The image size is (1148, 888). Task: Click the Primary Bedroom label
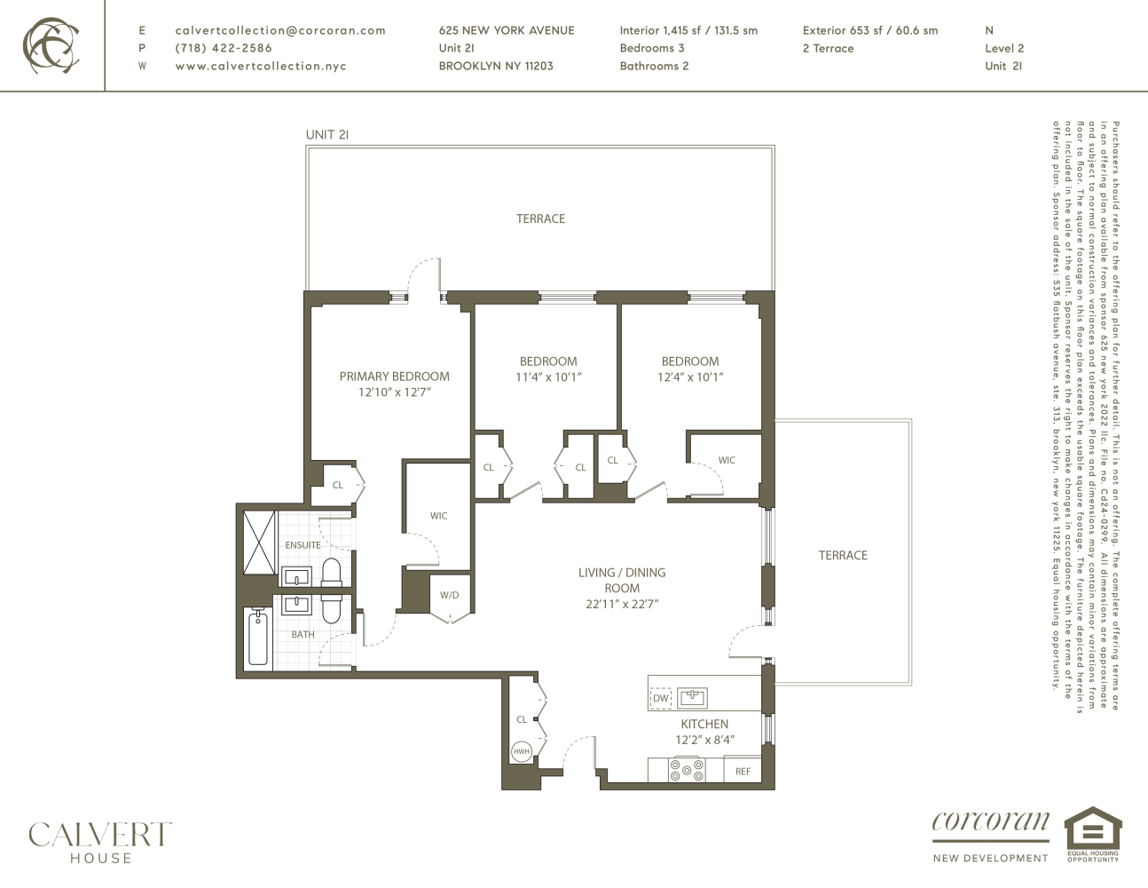[x=394, y=377]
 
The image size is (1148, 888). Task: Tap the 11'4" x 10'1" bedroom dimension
[x=548, y=377]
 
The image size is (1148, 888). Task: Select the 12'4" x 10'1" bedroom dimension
[x=690, y=377]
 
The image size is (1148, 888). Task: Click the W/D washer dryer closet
[x=450, y=596]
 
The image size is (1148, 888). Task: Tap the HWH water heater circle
[x=522, y=751]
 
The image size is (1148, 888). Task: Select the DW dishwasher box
[x=661, y=698]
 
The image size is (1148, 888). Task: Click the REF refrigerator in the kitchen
[x=743, y=771]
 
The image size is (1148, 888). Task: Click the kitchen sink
[x=692, y=697]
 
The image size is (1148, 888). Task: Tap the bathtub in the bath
[x=258, y=638]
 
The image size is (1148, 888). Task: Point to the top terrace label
[x=540, y=218]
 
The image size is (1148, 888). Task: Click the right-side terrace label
[x=843, y=555]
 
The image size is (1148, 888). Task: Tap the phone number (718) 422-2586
[x=224, y=48]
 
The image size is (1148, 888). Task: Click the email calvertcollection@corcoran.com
[x=280, y=30]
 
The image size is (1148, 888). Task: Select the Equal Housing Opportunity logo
[x=1092, y=833]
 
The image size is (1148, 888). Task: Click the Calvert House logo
[x=99, y=842]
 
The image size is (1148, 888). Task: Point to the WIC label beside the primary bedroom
[x=438, y=516]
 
